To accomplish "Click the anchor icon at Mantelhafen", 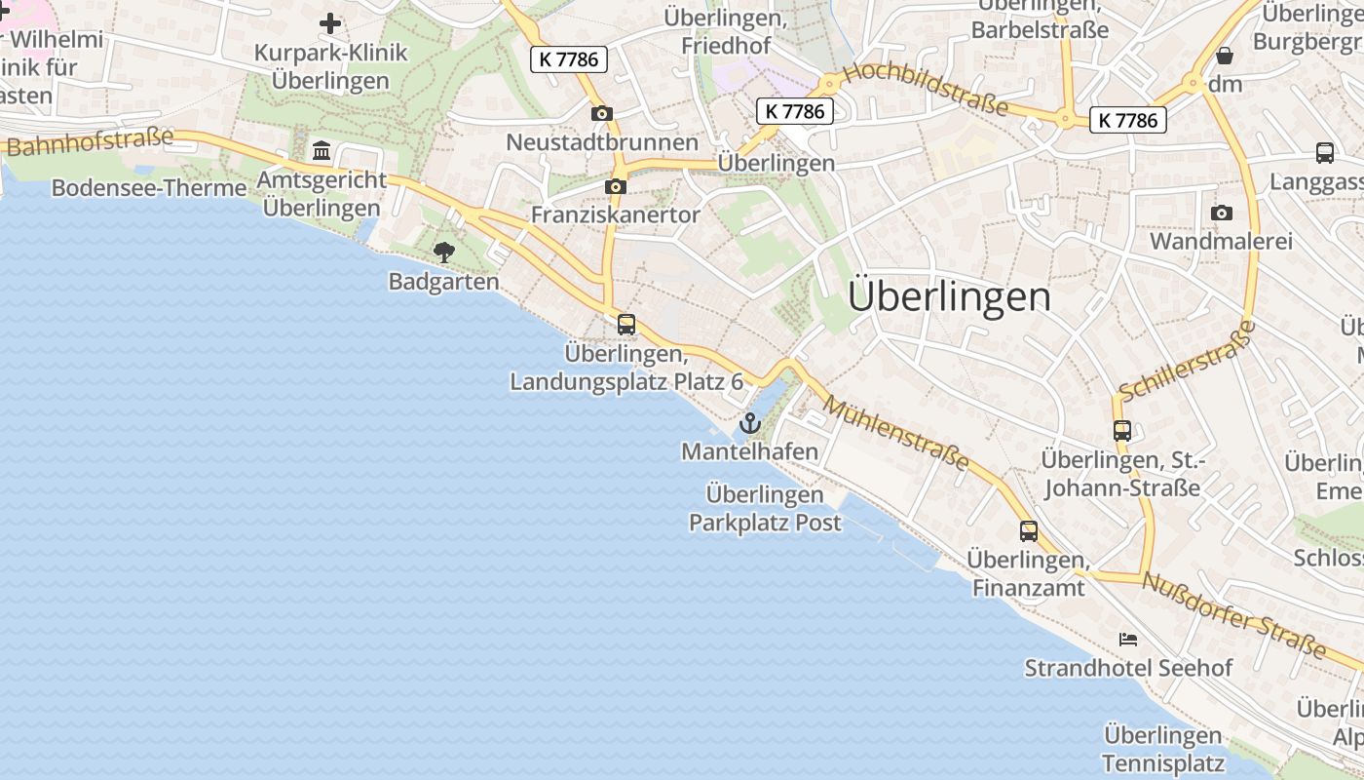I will [749, 423].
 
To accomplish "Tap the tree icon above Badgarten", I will [444, 253].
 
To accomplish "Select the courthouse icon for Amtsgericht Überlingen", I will [322, 151].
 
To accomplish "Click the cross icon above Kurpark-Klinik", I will [330, 22].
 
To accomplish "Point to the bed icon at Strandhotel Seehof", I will [1128, 640].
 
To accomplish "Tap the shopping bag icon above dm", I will [1225, 56].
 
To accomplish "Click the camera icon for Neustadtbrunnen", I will [602, 114].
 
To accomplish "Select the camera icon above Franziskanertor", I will [616, 186].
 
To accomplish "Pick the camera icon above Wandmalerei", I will [1221, 213].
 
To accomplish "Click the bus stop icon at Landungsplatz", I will [626, 324].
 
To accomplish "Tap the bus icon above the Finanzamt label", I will [1029, 531].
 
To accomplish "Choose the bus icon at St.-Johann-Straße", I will [1122, 430].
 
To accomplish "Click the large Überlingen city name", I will [949, 296].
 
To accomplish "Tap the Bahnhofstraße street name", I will [90, 142].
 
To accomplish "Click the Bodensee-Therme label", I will [149, 188].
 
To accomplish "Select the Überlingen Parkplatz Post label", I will [765, 508].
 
